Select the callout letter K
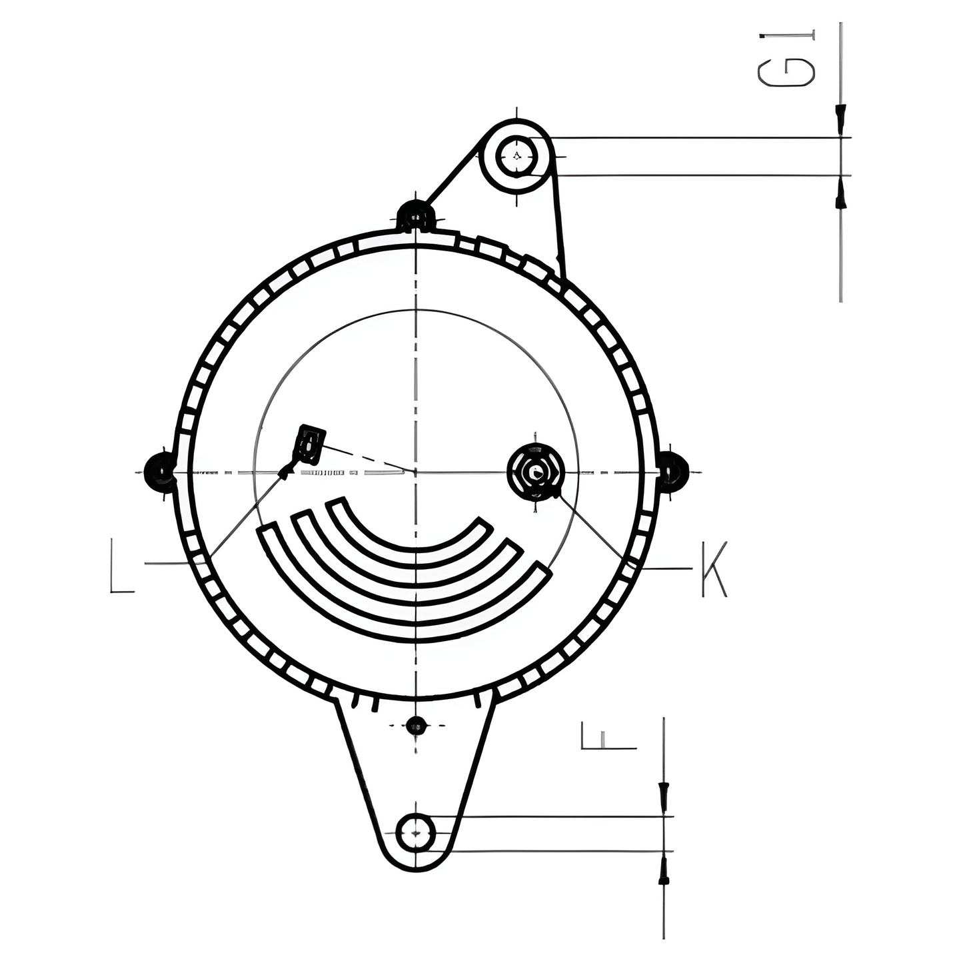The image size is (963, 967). pos(714,569)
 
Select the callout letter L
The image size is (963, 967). pos(121,568)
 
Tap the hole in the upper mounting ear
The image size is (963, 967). pos(517,157)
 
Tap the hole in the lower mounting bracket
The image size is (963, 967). pos(416,832)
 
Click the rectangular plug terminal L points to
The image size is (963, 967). pos(310,445)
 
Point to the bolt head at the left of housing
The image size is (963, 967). pos(160,470)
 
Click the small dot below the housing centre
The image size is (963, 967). pos(416,724)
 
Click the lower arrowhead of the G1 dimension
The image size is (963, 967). pos(841,195)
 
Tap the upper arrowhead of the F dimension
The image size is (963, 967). pos(663,797)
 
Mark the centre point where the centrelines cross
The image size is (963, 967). pos(416,471)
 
